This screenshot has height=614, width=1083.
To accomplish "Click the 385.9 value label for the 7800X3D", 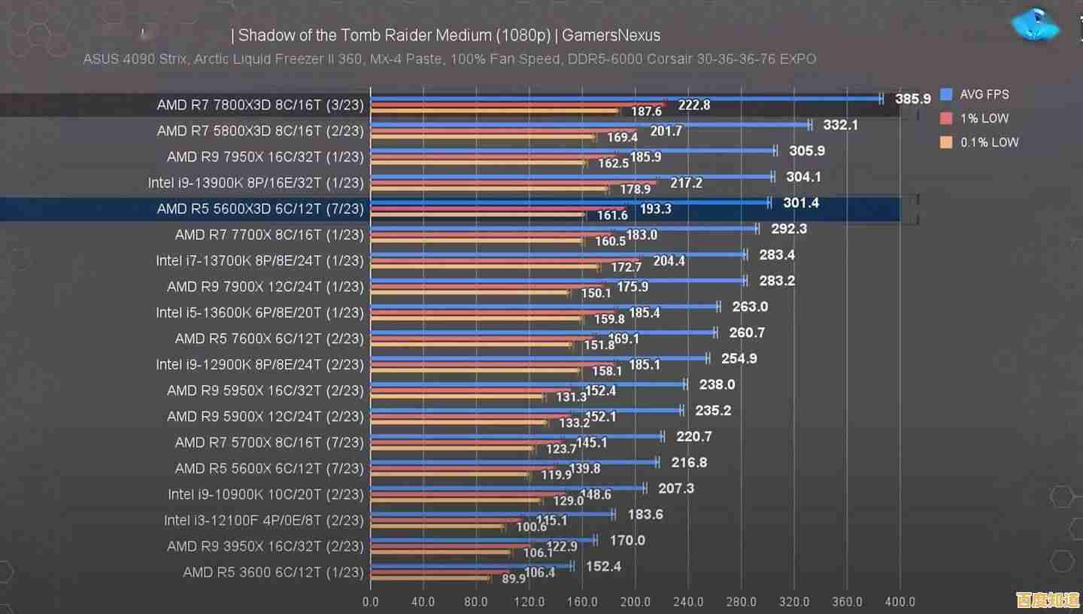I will (x=912, y=99).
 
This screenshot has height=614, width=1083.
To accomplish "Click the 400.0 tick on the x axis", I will (x=899, y=602).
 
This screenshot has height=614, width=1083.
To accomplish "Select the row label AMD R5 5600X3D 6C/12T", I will (x=260, y=208).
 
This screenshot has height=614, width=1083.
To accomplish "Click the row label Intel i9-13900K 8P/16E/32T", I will (x=256, y=182).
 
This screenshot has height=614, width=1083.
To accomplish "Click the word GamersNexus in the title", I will (x=610, y=35).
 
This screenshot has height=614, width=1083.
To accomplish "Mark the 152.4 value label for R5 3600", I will (x=603, y=566).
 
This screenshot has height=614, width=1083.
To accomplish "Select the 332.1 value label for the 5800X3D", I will (x=840, y=125).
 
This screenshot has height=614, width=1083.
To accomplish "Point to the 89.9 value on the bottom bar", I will (x=514, y=579).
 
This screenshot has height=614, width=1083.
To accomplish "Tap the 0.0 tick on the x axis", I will (x=371, y=602).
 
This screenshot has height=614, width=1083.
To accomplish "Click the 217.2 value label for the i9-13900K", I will (x=686, y=183).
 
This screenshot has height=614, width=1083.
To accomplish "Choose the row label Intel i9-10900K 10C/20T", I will (x=265, y=494).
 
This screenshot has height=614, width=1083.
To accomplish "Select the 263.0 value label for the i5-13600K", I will (x=751, y=306).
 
